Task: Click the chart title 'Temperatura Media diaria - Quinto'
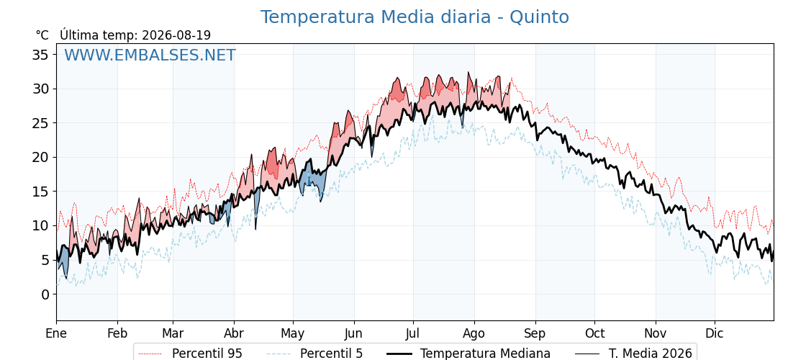point(415,17)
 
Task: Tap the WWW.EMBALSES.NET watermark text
point(150,55)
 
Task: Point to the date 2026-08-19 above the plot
point(176,35)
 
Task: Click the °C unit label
point(42,35)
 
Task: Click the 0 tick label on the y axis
point(46,294)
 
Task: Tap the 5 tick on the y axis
point(46,260)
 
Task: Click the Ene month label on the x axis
point(57,333)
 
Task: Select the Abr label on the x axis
point(234,333)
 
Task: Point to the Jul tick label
point(413,333)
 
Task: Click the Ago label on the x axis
point(474,334)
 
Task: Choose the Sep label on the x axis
point(535,334)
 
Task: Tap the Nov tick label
point(656,333)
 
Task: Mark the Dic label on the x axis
point(715,333)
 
